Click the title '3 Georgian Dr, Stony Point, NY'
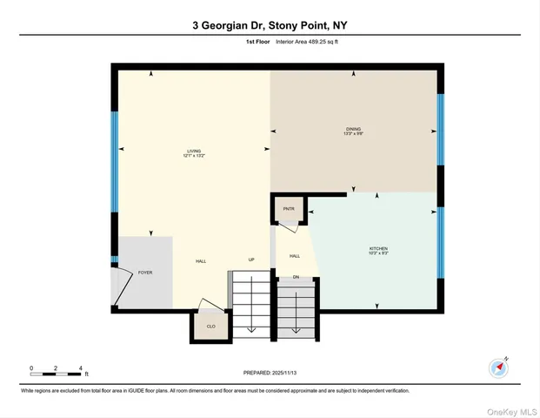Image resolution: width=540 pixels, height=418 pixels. click(270, 25)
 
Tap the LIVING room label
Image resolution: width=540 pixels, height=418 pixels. click(193, 151)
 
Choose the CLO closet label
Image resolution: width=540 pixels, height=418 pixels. click(210, 326)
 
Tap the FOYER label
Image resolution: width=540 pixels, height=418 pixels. click(145, 273)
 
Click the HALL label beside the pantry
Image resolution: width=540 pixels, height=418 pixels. click(295, 256)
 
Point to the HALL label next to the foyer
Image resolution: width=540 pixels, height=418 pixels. click(200, 260)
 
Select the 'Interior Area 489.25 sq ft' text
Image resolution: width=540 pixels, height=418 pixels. click(307, 41)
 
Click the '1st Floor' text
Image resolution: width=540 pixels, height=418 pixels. click(257, 41)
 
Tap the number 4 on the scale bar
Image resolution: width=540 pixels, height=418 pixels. click(80, 368)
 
